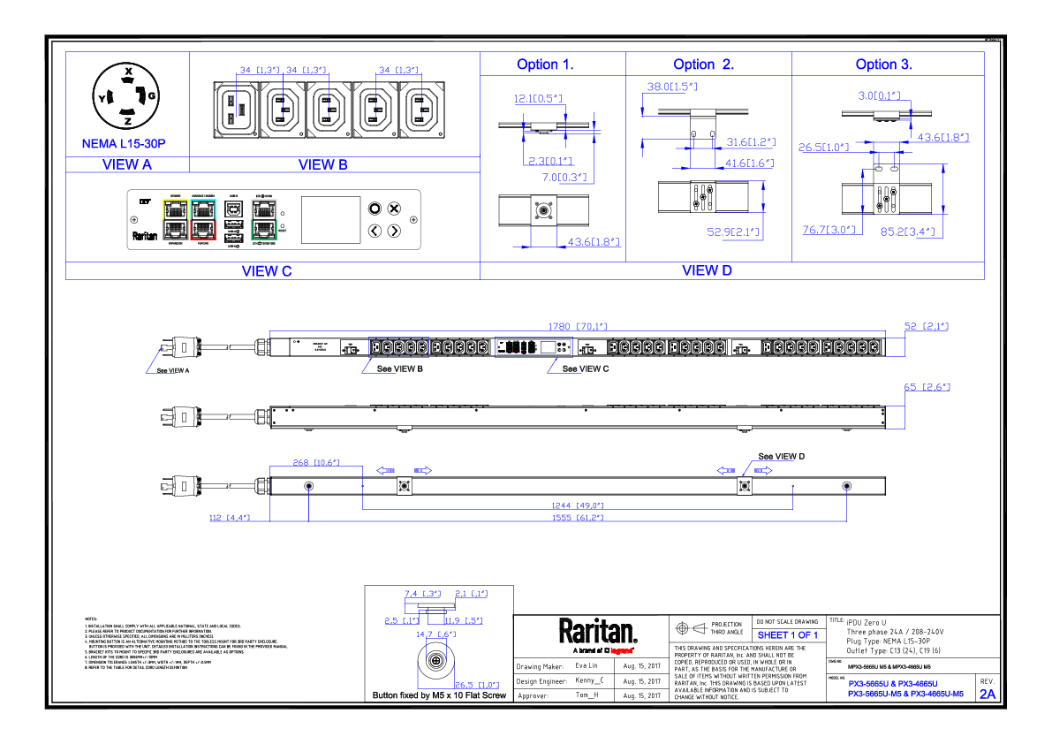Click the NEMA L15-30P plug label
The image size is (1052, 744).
(124, 143)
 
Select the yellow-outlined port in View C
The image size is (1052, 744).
(176, 209)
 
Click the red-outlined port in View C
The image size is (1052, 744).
(203, 230)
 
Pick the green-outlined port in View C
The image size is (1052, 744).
(263, 231)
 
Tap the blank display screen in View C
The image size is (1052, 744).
(331, 219)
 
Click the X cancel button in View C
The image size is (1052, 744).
(395, 209)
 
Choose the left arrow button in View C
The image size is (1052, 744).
(374, 231)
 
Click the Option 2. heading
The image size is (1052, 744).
(704, 65)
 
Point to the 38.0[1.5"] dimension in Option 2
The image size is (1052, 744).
(671, 87)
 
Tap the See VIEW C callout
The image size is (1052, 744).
(586, 368)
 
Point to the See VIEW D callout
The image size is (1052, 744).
(782, 456)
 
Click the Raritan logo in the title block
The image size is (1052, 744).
(597, 632)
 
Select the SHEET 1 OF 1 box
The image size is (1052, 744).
(788, 635)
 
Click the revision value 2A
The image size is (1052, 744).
(987, 695)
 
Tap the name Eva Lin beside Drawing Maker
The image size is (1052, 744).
(587, 665)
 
